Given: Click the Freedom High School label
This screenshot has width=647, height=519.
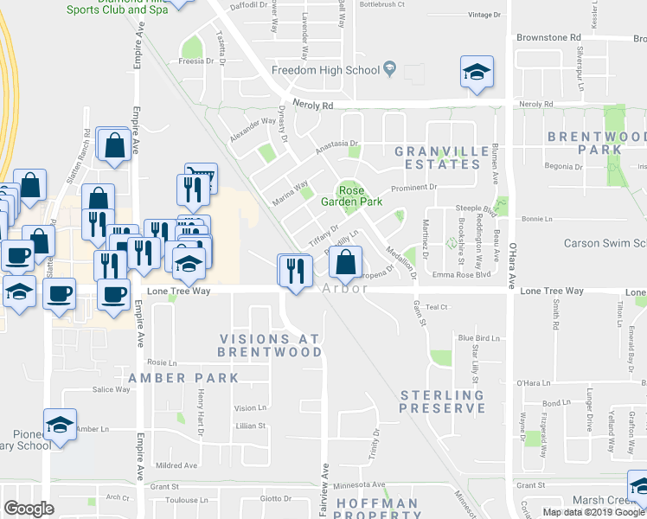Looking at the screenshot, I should [325, 70].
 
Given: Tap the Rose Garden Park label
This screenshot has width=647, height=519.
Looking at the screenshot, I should [360, 196].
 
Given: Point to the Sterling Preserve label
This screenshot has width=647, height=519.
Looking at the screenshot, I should [443, 401].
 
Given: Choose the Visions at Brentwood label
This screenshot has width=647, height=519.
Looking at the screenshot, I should [270, 345].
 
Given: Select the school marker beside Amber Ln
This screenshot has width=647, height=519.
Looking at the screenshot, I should [60, 425].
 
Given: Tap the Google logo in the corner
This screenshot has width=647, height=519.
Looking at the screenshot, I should [29, 509].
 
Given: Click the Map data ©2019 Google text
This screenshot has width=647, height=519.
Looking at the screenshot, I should [593, 512].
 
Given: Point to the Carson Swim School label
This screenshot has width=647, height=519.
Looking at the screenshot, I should [605, 243].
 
